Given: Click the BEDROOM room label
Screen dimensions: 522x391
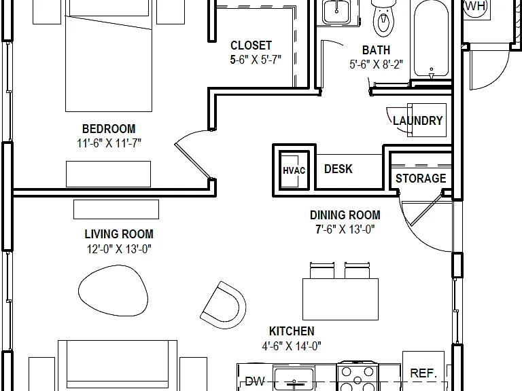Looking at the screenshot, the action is tap(109, 129).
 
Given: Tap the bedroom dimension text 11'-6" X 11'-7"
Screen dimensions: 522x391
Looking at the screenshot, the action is tap(109, 143).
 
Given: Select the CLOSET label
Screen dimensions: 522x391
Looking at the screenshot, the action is tap(251, 45).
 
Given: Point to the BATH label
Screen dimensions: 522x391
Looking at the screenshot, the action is tap(376, 50).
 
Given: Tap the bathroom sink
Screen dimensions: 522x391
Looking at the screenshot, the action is tap(336, 12).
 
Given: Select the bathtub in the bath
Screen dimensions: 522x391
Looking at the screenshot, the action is tap(431, 39).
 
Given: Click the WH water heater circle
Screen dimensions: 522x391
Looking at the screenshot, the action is tap(476, 7).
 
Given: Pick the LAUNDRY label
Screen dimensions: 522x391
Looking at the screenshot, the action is tap(418, 120).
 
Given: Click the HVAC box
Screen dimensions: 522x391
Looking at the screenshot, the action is tap(294, 170).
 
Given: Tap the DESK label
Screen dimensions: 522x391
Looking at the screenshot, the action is tap(338, 169).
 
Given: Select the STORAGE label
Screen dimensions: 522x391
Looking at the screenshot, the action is tap(421, 179).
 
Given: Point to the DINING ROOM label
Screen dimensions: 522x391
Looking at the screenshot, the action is tap(345, 215).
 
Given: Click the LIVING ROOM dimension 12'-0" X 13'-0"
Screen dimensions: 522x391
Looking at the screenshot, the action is tap(119, 248).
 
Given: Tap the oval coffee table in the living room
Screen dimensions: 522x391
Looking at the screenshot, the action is tap(114, 291).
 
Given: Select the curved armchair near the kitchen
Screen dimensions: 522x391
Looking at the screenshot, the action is tap(224, 305).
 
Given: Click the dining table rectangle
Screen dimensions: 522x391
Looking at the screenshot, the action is tap(341, 299).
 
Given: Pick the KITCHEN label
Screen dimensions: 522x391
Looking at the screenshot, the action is tap(292, 331).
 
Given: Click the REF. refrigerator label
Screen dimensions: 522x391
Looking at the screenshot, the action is tap(423, 373).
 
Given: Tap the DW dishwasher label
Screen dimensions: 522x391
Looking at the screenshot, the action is tap(255, 381).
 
